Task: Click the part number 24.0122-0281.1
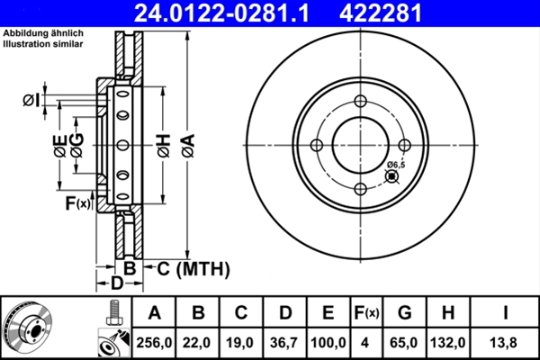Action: tap(228, 13)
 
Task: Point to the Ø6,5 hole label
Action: tap(396, 164)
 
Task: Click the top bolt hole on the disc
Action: tap(360, 102)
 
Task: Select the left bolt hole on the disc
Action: tap(317, 146)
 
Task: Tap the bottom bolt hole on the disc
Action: tap(360, 189)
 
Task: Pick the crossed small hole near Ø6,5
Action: tap(391, 176)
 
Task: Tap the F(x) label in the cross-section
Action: tap(78, 203)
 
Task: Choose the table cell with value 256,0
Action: tap(154, 342)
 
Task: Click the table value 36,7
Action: tap(284, 342)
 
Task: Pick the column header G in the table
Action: tap(404, 313)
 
